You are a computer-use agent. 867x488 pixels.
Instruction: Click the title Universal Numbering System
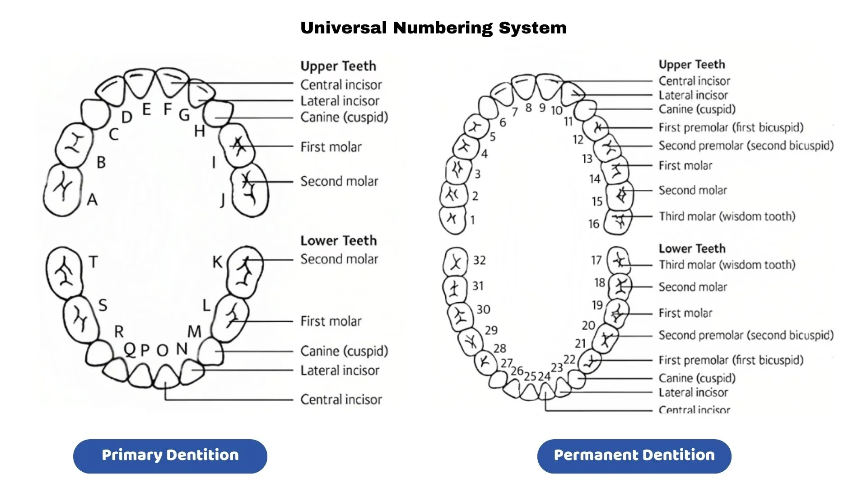[x=433, y=28]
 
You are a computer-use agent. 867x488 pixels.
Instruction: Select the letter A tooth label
[x=92, y=199]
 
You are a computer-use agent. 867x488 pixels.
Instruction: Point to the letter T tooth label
[x=93, y=262]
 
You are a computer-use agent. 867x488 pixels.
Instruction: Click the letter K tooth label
[x=217, y=262]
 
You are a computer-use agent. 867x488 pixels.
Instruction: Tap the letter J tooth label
[x=222, y=199]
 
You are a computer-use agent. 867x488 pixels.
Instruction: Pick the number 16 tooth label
[x=593, y=224]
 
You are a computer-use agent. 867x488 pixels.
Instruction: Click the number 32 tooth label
[x=479, y=260]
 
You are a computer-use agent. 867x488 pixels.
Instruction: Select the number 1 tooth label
[x=472, y=220]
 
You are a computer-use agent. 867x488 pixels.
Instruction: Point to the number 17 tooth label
[x=596, y=260]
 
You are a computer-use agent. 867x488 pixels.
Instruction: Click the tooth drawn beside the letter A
[x=63, y=190]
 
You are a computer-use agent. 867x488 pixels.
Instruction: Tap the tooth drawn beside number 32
[x=455, y=262]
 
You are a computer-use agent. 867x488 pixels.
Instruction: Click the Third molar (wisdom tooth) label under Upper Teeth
[x=727, y=216]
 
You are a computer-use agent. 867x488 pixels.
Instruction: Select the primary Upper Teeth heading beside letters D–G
[x=338, y=66]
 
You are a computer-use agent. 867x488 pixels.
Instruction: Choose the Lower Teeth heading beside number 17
[x=692, y=249]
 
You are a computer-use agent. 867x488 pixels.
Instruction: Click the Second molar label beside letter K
[x=339, y=259]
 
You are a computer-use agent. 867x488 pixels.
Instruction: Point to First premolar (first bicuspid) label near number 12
[x=731, y=127]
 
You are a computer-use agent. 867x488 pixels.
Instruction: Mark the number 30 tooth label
[x=483, y=310]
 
